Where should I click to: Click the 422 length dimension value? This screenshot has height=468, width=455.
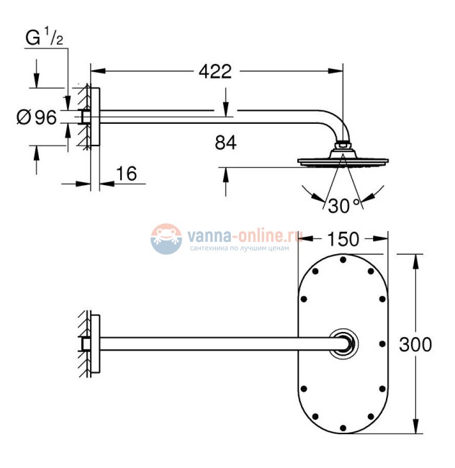(x=215, y=72)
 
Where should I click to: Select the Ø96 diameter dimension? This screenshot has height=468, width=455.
(x=36, y=116)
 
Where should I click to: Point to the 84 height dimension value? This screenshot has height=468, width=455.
(x=225, y=142)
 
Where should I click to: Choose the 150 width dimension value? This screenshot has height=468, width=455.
(x=343, y=239)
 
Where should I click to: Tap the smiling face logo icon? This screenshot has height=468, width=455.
(x=166, y=238)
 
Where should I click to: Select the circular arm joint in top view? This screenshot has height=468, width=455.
(x=343, y=344)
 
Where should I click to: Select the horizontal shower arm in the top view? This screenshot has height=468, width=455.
(x=216, y=344)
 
